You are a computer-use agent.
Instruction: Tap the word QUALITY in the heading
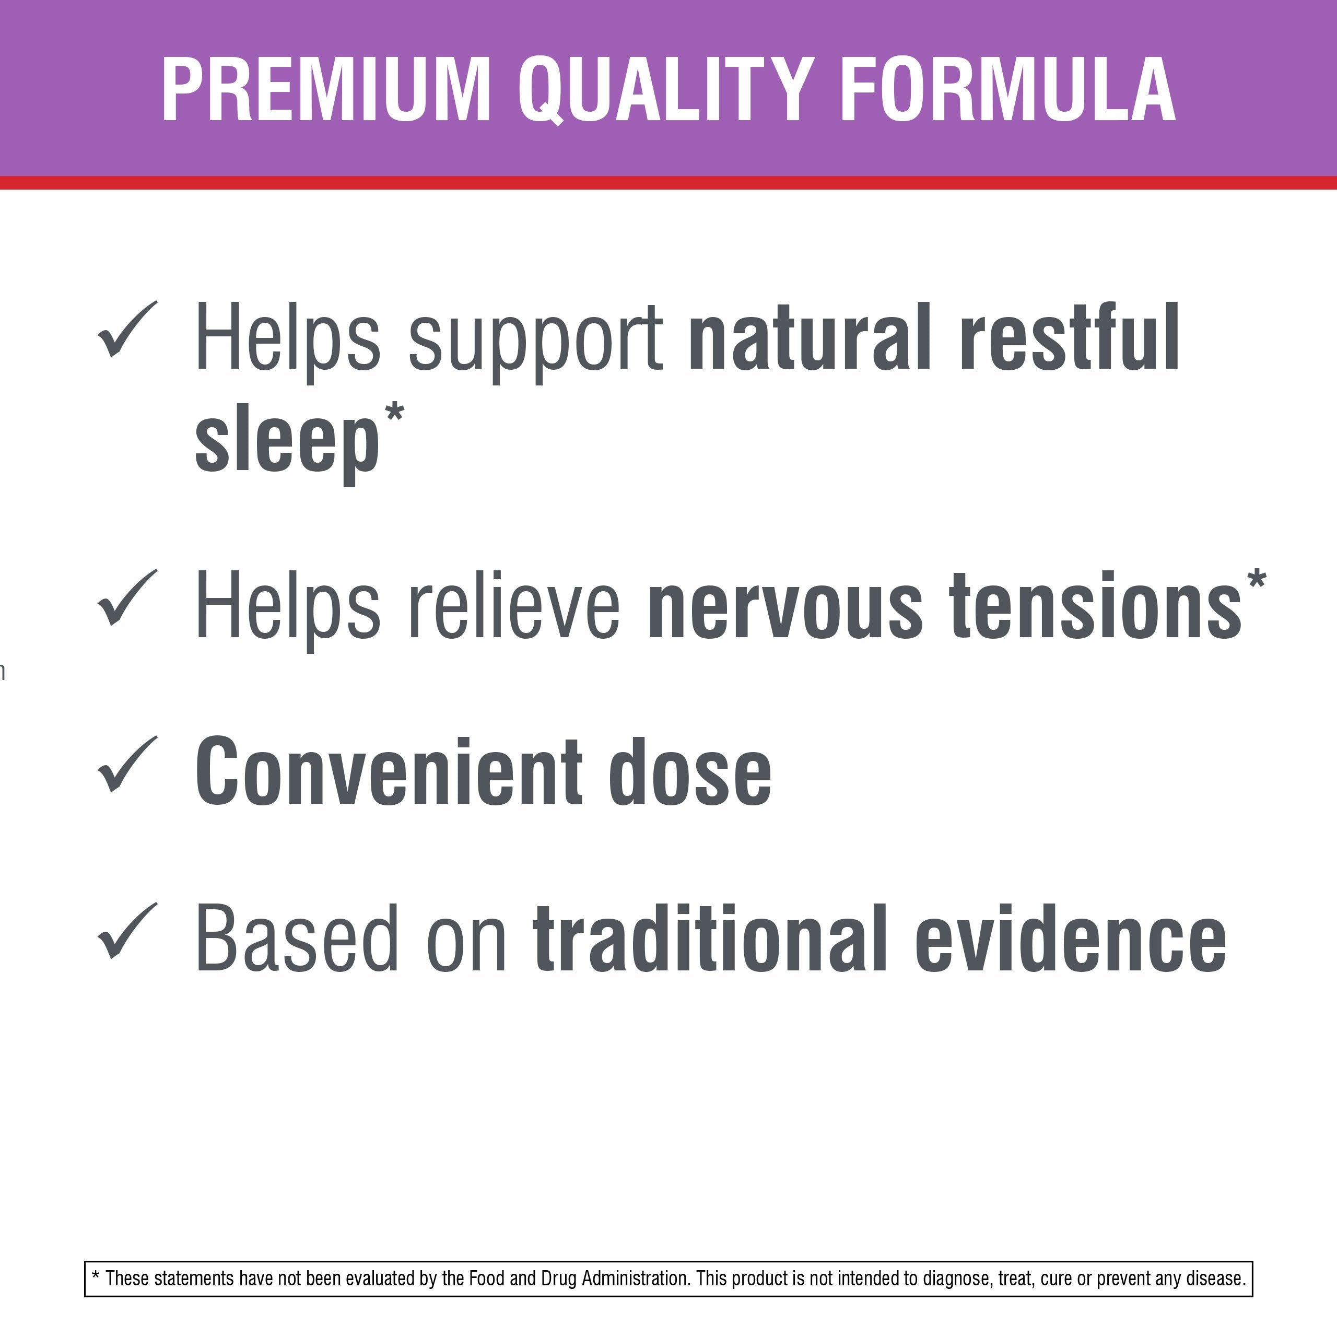(665, 90)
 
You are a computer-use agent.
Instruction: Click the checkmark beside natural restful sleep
(128, 330)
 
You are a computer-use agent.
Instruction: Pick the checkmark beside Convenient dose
(128, 764)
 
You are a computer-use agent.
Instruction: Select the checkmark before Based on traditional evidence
(128, 932)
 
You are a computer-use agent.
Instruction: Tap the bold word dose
(690, 771)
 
